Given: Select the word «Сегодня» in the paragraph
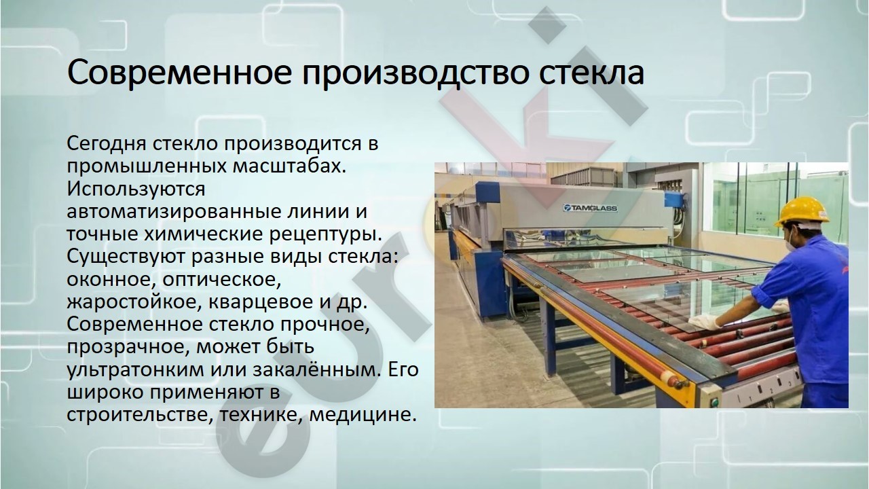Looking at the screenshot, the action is click(x=107, y=145).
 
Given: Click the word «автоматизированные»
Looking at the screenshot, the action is click(x=172, y=212).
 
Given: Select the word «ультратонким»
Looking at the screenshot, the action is click(x=135, y=370).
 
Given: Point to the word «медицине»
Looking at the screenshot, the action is click(x=363, y=415).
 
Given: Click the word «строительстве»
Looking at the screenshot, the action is click(x=140, y=414).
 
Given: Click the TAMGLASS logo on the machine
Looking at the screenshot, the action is click(x=590, y=209).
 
